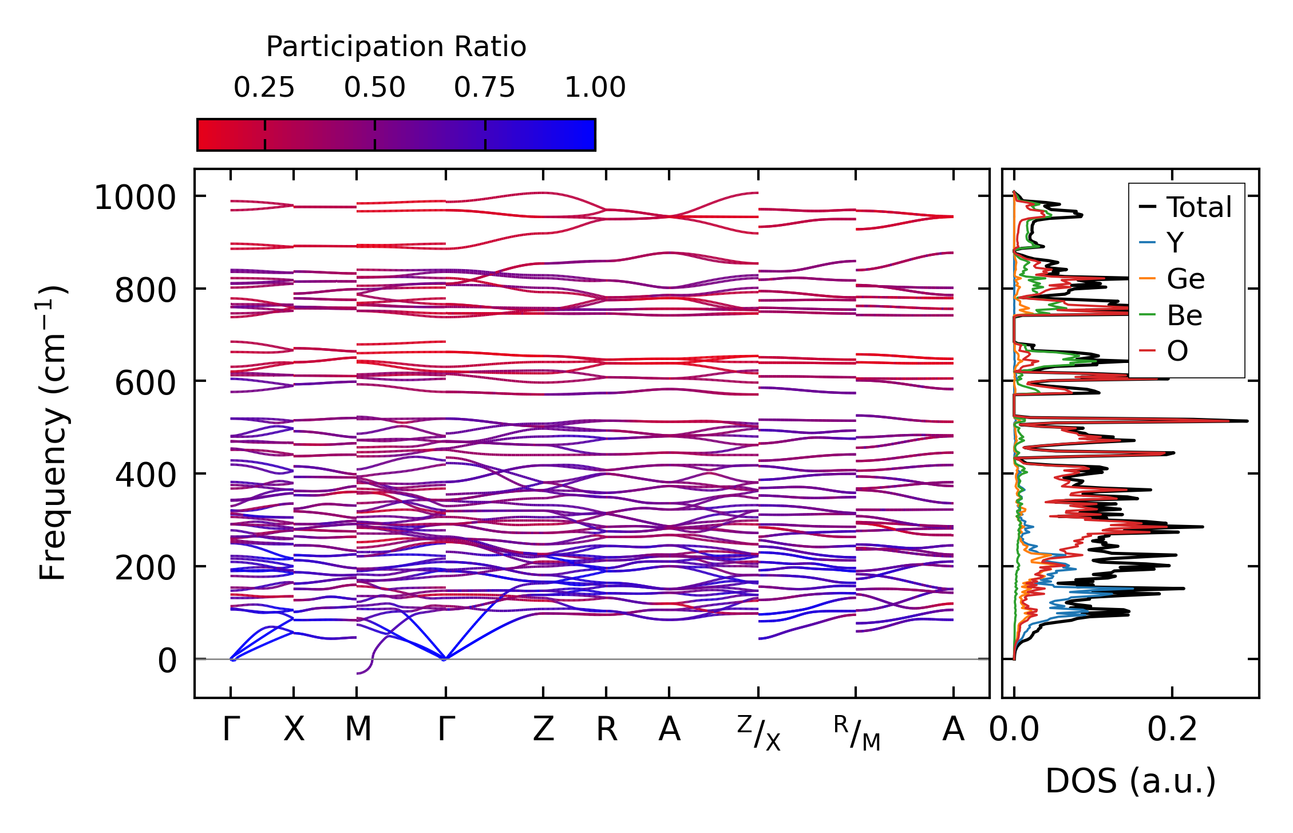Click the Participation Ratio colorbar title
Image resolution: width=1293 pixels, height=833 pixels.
coord(396,47)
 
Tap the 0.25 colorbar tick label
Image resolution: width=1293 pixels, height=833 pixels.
coord(264,88)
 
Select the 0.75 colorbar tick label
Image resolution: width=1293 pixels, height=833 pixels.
coord(485,88)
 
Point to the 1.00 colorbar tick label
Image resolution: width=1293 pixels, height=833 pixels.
coord(595,88)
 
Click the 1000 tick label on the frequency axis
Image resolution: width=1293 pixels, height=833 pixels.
coord(135,198)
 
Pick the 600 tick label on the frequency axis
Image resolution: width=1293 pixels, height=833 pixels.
coord(145,382)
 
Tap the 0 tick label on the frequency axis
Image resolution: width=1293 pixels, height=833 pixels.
coord(167,661)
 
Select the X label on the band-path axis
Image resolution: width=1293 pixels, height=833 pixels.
coord(294,729)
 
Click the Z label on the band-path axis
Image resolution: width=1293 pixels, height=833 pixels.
coord(543,729)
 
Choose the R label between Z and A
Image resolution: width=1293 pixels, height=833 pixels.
coord(607,729)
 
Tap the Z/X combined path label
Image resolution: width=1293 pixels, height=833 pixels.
coord(758,733)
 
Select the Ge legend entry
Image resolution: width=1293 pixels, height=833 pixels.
coord(1185,279)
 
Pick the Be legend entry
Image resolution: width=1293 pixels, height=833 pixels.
coord(1184,315)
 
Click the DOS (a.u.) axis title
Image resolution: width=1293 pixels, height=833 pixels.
coord(1130,781)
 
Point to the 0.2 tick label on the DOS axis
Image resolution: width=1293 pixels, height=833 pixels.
coord(1172,729)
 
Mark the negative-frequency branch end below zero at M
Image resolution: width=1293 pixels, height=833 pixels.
coord(359,673)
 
